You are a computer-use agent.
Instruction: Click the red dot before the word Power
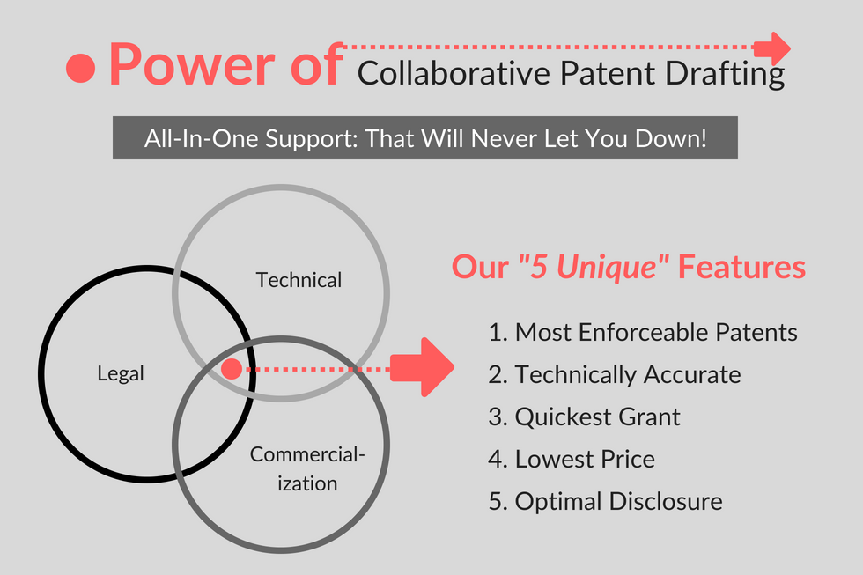[81, 68]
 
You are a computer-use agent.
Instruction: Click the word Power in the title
[192, 65]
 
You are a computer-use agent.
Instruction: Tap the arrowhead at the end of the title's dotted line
[772, 48]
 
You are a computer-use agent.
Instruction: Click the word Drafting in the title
[725, 74]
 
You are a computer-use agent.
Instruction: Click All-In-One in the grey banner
[201, 138]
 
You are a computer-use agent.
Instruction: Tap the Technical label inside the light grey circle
[299, 280]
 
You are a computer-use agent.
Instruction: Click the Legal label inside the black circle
[121, 374]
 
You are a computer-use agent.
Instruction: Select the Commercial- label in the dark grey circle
[307, 454]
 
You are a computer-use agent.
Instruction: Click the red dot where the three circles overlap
[232, 369]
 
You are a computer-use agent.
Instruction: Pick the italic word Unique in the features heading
[607, 268]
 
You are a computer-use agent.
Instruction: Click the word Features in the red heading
[741, 267]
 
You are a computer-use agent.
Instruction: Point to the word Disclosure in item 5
[666, 501]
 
